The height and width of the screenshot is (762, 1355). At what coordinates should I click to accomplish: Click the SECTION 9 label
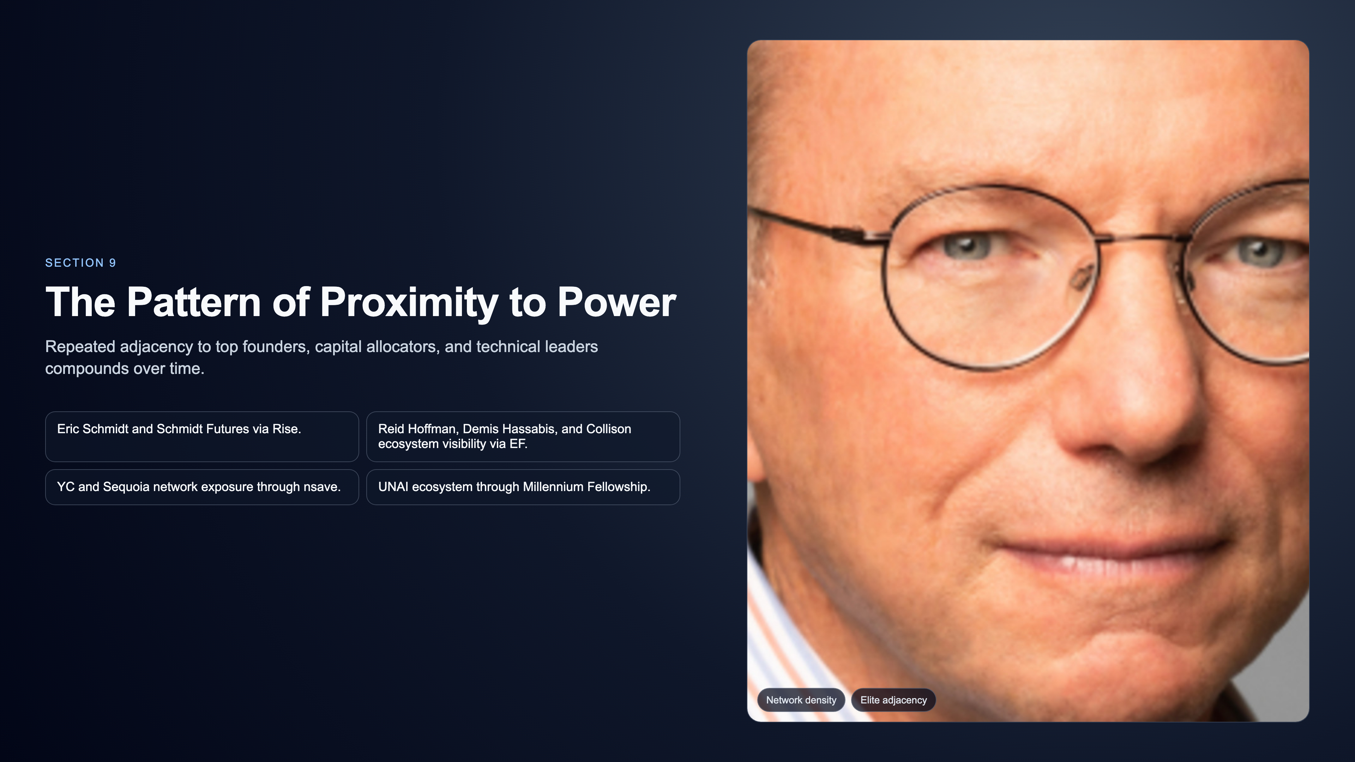click(x=80, y=263)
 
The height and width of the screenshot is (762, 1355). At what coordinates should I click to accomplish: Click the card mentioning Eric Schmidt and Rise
click(x=202, y=436)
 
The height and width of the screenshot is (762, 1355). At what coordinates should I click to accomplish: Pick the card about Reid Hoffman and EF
click(x=523, y=436)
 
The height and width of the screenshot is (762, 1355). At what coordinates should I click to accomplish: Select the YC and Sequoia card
click(x=202, y=487)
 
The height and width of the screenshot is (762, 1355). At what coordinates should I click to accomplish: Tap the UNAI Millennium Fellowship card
click(x=523, y=487)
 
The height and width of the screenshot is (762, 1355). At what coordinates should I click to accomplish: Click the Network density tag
click(x=801, y=700)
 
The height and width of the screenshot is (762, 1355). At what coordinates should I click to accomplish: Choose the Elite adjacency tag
click(x=893, y=700)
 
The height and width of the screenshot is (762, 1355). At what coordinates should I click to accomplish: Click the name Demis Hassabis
click(x=508, y=429)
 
